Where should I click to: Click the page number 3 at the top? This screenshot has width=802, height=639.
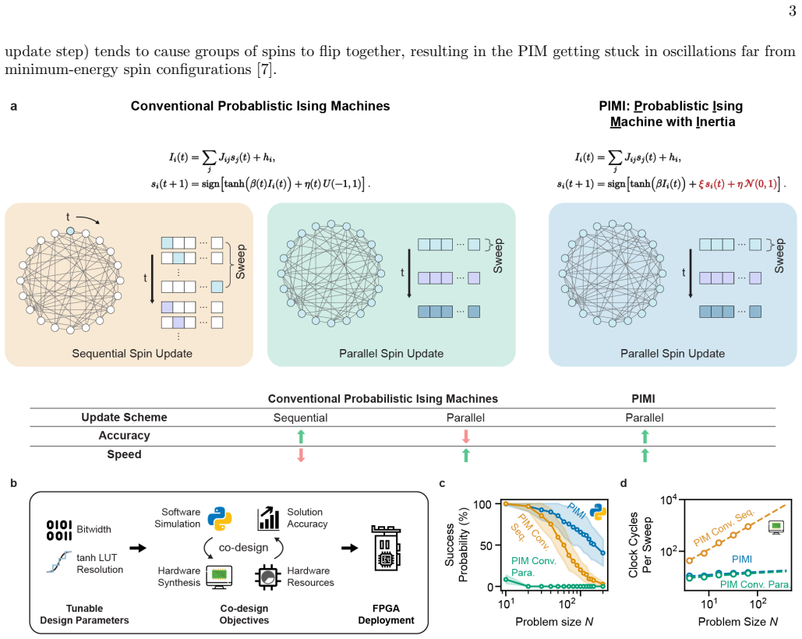pos(793,11)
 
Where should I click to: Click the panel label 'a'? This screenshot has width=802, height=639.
pos(14,106)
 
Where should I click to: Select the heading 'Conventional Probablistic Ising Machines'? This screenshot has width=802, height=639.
pos(260,106)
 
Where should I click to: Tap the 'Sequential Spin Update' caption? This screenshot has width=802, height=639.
pos(132,353)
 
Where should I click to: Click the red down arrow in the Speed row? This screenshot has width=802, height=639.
pos(301,455)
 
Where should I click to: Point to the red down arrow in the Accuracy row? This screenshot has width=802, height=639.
pos(465,436)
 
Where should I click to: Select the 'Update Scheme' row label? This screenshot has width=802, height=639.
pos(124,417)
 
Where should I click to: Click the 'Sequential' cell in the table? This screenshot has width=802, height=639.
pos(300,418)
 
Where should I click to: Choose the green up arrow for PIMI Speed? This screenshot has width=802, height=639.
pos(645,455)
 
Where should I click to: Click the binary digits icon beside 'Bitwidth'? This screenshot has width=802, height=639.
pos(59,530)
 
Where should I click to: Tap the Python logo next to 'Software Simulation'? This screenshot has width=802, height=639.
pos(220,518)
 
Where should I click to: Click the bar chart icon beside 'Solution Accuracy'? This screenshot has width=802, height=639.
pos(269,518)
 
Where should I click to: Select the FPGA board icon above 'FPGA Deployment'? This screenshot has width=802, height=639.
pos(386,548)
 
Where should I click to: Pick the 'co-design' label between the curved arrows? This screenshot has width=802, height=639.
pos(243,548)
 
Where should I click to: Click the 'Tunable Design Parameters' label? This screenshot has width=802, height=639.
pos(84,614)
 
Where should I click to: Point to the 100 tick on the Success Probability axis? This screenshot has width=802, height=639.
pos(482,504)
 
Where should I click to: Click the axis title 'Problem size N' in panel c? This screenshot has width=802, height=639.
pos(554,622)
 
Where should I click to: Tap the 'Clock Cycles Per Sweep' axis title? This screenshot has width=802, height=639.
pos(639,545)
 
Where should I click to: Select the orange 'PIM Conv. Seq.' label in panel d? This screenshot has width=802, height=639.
pos(724,528)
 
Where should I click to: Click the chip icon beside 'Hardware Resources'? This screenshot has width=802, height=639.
pos(267,577)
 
